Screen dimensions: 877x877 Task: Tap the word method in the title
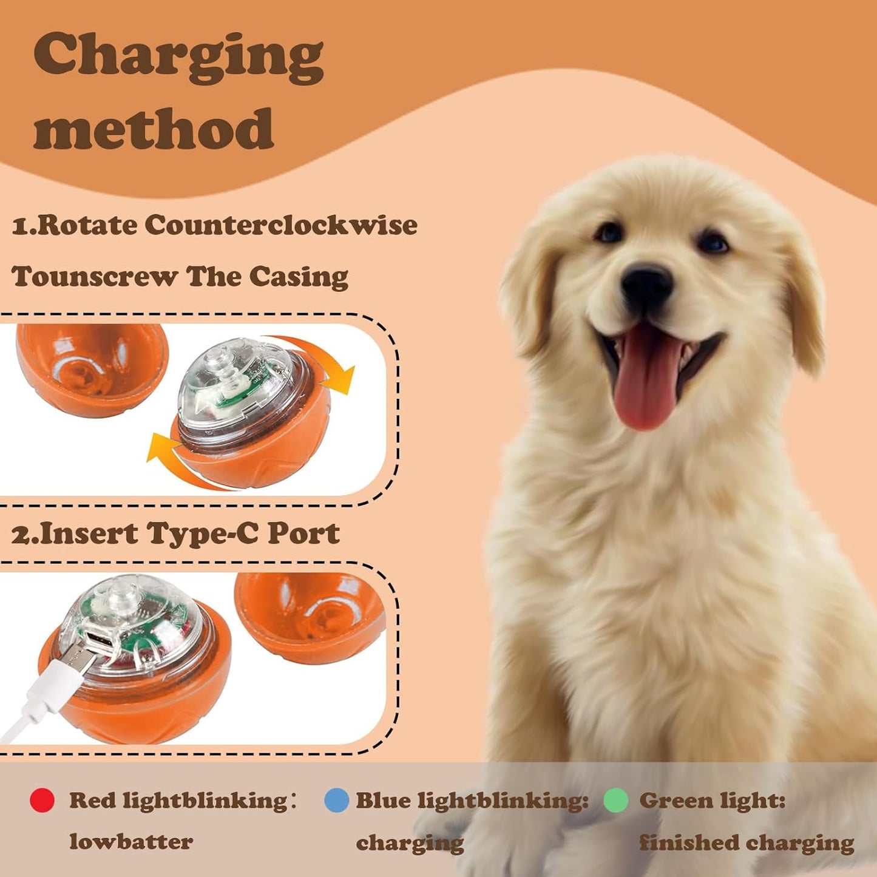tap(154, 129)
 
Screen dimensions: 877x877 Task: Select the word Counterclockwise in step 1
tap(280, 225)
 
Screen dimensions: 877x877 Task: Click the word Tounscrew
tap(95, 277)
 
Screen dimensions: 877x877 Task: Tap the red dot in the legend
tap(42, 801)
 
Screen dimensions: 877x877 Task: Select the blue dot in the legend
tap(336, 801)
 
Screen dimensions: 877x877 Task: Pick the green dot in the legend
tap(615, 801)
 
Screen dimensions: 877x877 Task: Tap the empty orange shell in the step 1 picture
tap(91, 367)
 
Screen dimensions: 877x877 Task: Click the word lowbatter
tap(130, 842)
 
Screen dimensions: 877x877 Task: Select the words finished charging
tap(746, 843)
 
